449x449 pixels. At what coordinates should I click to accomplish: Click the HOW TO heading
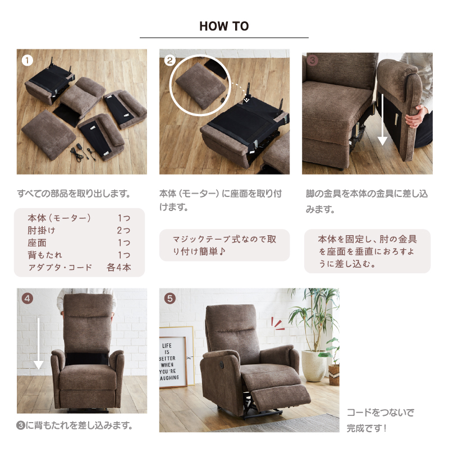(x=224, y=26)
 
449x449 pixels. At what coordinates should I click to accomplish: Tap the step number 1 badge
(x=28, y=61)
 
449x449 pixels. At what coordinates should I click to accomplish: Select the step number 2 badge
(x=170, y=61)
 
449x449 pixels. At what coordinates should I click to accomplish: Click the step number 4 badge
(x=28, y=299)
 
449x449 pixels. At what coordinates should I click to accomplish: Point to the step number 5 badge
(x=170, y=299)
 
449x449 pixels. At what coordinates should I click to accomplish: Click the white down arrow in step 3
(x=382, y=120)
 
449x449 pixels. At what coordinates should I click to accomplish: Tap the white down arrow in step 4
(x=38, y=343)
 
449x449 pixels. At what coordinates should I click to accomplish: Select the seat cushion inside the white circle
(x=200, y=85)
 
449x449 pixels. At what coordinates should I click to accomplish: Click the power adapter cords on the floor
(x=83, y=153)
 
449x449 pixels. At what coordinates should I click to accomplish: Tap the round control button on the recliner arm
(x=222, y=364)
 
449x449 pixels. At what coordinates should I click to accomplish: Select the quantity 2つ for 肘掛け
(x=123, y=230)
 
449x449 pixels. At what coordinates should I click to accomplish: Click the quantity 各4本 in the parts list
(x=119, y=267)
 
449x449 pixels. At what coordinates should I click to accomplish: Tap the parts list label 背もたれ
(x=45, y=255)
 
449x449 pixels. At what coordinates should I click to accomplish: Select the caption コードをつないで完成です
(x=381, y=420)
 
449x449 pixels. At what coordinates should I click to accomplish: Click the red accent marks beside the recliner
(x=277, y=324)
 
